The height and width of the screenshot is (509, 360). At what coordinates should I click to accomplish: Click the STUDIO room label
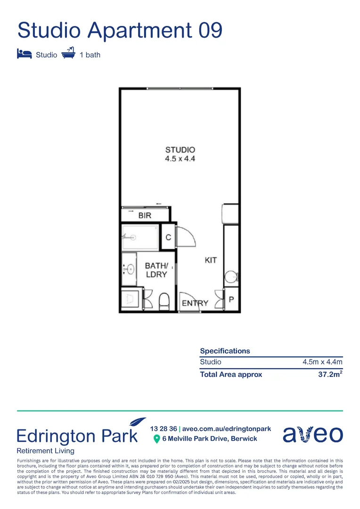(x=180, y=150)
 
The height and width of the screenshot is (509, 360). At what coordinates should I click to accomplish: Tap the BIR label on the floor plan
(x=145, y=216)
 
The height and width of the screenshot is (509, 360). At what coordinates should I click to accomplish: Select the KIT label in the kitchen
(x=211, y=260)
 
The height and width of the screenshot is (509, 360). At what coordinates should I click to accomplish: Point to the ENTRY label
(x=195, y=303)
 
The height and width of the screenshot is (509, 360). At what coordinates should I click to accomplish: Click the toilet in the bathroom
(x=164, y=301)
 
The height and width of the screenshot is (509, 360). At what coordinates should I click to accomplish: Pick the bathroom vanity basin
(x=130, y=269)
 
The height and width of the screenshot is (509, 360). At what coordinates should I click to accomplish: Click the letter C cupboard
(x=168, y=238)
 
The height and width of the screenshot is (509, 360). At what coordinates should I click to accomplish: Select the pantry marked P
(x=231, y=300)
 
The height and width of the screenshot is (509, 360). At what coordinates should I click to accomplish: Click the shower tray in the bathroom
(x=140, y=237)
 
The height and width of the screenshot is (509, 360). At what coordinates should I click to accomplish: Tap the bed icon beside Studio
(x=24, y=54)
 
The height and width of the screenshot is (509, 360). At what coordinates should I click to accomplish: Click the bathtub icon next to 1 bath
(x=68, y=53)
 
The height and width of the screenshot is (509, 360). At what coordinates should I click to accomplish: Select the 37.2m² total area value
(x=330, y=375)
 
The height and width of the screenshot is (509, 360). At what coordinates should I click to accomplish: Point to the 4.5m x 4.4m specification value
(x=322, y=362)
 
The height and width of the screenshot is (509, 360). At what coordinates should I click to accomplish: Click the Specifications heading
(x=225, y=351)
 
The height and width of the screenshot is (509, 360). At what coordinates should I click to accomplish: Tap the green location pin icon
(x=157, y=439)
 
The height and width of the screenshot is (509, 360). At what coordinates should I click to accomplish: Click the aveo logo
(x=312, y=434)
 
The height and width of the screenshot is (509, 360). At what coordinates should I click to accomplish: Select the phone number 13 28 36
(x=164, y=429)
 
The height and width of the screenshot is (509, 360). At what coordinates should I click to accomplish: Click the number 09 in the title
(x=210, y=31)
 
